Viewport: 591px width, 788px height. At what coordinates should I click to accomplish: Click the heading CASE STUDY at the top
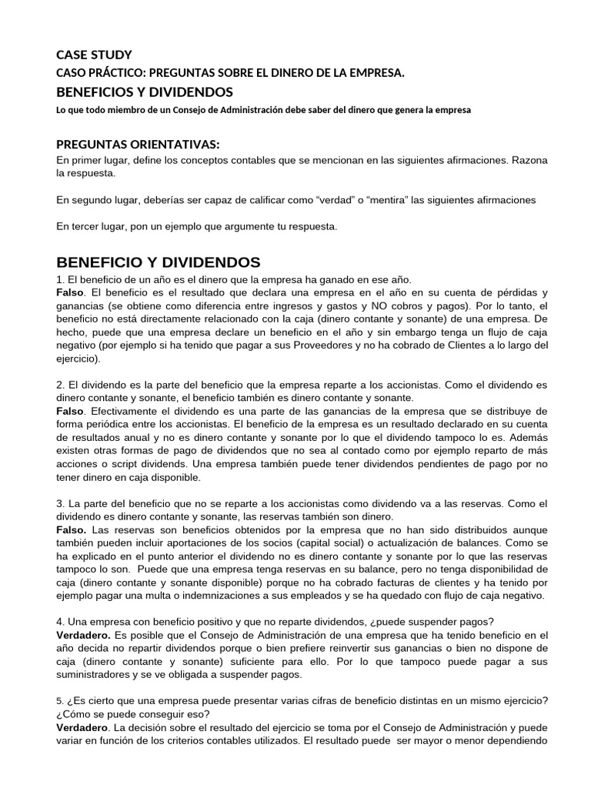coord(94,55)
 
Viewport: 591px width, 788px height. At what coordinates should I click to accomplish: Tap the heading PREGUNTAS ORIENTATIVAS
coord(139,145)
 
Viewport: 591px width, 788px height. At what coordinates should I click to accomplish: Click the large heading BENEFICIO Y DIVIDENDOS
coord(159,262)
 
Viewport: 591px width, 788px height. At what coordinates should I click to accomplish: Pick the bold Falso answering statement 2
coord(72,412)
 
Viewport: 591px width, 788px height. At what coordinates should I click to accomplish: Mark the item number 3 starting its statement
coord(60,503)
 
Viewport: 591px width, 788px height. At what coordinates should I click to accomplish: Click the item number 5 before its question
coord(59,700)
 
